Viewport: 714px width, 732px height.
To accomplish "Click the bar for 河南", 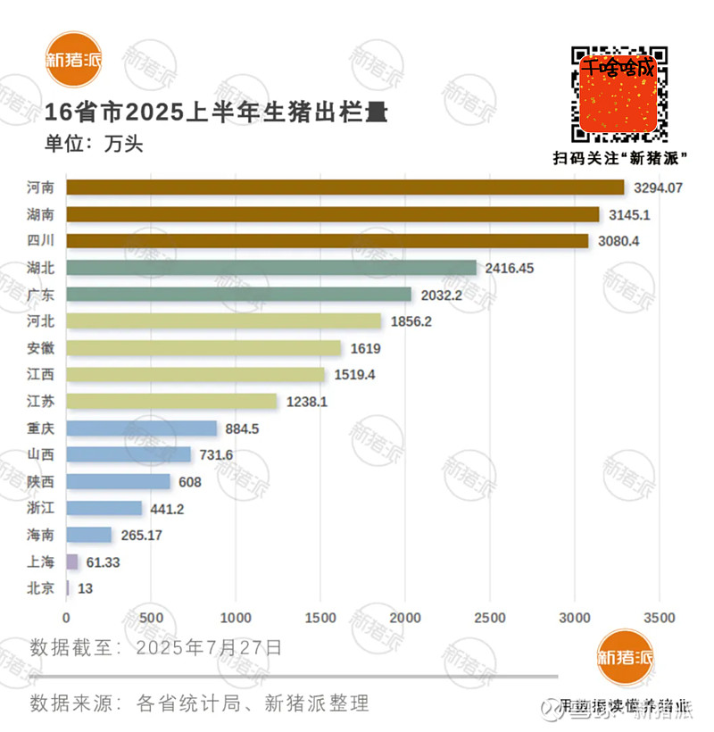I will pos(345,187).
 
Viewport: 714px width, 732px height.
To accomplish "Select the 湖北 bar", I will pos(271,268).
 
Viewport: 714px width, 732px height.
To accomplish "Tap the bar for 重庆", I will pos(141,428).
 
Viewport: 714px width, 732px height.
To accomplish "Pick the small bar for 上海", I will pos(71,562).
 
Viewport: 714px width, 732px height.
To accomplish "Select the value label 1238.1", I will pos(307,402).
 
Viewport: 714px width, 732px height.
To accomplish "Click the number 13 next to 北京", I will pos(86,589).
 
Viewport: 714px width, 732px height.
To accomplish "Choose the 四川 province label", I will pos(41,241).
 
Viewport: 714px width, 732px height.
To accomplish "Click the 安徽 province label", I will pos(41,348).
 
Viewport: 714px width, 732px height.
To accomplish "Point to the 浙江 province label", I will pos(41,509).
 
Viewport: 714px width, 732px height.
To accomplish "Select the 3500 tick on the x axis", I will pos(659,618).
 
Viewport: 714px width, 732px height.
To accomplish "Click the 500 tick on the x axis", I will pos(152,618).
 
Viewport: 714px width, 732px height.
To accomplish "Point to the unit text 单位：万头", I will pos(94,143).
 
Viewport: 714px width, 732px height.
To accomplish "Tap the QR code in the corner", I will pos(620,93).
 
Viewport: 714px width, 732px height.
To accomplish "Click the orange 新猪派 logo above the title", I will pos(75,61).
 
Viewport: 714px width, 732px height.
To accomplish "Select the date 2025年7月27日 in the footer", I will pos(209,647).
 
